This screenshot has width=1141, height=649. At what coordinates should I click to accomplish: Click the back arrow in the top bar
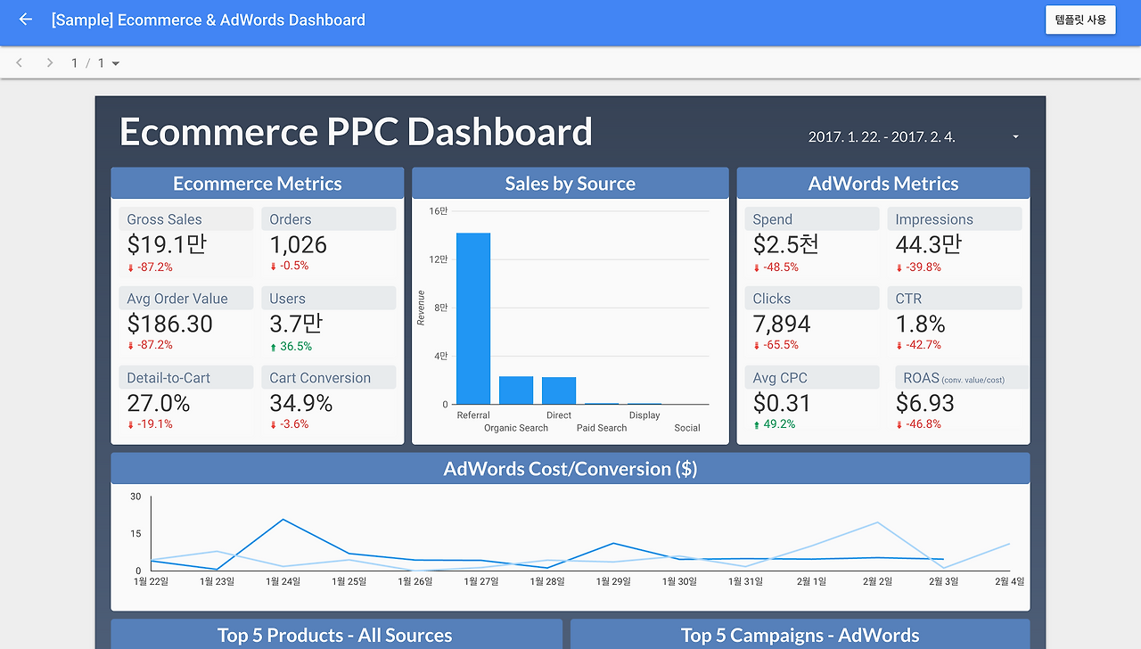[x=25, y=20]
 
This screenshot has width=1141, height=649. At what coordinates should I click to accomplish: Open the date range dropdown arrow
[x=1015, y=137]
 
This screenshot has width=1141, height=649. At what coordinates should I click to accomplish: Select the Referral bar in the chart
[x=473, y=318]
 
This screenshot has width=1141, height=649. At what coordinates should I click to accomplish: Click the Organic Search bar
[x=516, y=390]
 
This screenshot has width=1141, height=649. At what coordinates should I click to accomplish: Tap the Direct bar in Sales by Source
[x=559, y=390]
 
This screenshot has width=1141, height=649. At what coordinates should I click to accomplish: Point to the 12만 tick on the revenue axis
[x=438, y=259]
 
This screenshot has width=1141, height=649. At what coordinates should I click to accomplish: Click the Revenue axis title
[x=422, y=308]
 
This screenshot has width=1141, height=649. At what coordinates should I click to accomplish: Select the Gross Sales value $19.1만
[x=168, y=245]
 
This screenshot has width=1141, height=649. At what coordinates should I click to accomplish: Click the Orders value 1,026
[x=299, y=245]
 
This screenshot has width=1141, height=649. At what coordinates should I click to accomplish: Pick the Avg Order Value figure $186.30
[x=170, y=324]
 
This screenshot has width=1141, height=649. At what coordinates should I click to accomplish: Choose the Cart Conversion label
[x=320, y=378]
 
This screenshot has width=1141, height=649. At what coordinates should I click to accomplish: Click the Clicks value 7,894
[x=782, y=324]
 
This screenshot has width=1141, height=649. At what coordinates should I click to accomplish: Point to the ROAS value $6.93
[x=924, y=403]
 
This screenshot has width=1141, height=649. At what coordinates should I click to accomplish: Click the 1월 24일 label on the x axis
[x=283, y=581]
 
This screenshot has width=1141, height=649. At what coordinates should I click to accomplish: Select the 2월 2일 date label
[x=877, y=581]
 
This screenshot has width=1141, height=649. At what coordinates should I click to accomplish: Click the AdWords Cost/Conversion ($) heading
[x=570, y=469]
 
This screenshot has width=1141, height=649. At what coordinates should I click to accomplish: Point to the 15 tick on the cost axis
[x=135, y=534]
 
